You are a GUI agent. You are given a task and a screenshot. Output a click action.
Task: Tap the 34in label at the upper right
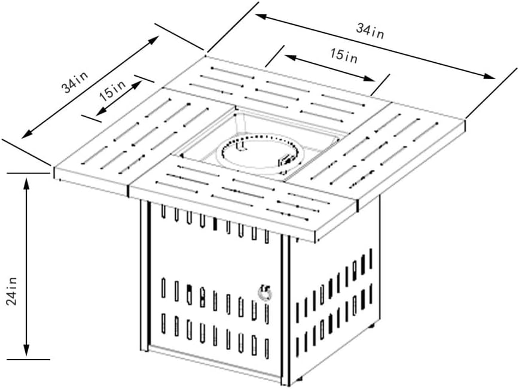(x=370, y=30)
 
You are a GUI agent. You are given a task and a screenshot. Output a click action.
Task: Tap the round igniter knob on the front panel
(x=264, y=292)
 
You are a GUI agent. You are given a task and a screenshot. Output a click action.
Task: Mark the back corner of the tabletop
(x=206, y=56)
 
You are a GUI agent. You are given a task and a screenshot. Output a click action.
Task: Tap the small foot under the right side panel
(x=371, y=327)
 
